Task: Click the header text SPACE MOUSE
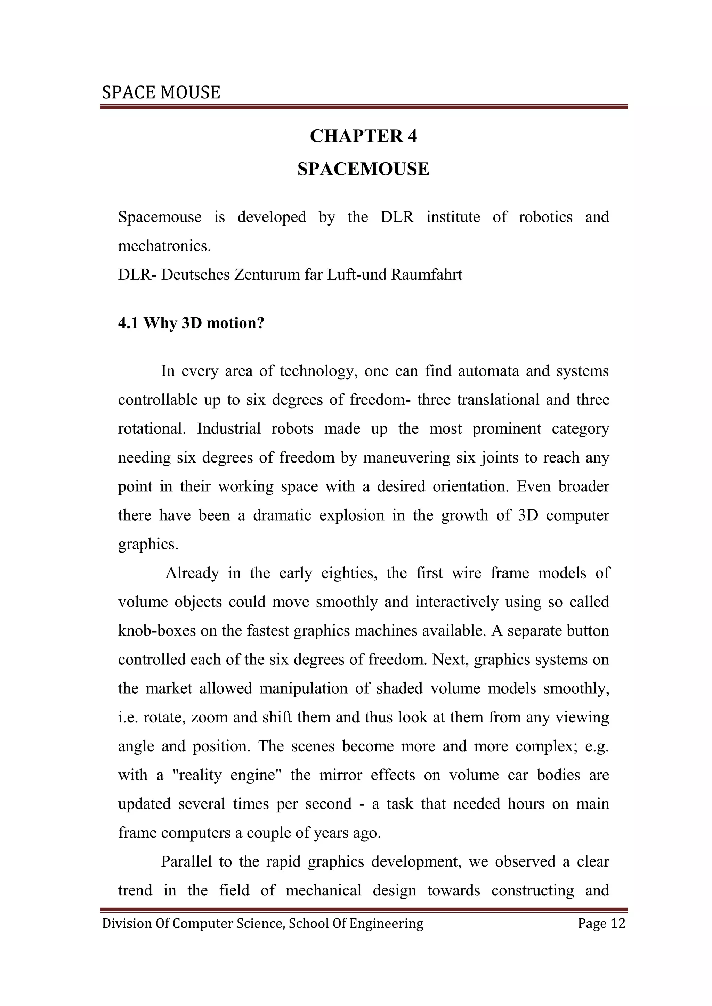click(161, 92)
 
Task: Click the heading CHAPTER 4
click(363, 136)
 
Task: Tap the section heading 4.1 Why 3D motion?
click(191, 323)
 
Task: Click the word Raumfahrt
click(426, 275)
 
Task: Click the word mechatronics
click(164, 246)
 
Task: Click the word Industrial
click(228, 428)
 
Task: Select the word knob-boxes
click(156, 630)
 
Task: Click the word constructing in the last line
click(532, 890)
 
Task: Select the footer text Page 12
click(601, 923)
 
